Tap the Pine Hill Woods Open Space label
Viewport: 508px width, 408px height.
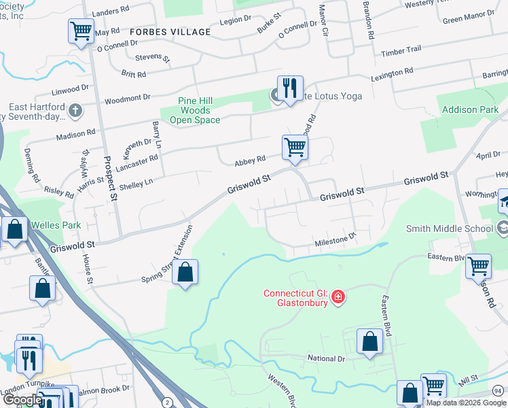[195, 110]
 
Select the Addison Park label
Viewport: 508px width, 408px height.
[470, 109]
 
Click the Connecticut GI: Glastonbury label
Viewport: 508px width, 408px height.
[296, 298]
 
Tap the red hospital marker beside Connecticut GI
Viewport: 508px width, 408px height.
[338, 297]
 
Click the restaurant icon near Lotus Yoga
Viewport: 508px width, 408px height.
[290, 88]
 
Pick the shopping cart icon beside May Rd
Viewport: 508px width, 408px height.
[81, 31]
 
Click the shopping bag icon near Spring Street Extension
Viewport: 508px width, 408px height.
[185, 273]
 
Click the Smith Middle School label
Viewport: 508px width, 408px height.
[450, 228]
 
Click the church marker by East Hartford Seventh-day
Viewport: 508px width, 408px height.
[75, 109]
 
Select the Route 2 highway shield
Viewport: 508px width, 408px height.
[166, 401]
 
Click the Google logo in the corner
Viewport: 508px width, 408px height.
[22, 400]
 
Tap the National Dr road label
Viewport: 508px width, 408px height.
[326, 358]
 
